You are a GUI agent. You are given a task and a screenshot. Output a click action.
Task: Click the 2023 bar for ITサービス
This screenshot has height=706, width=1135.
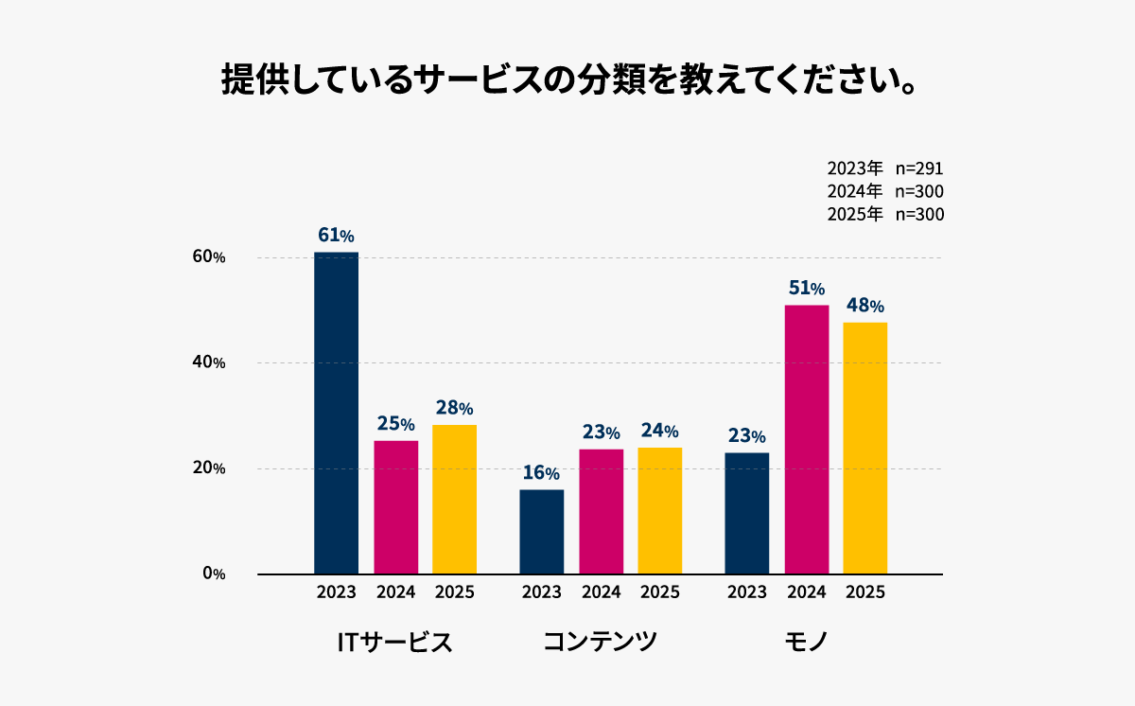click(x=336, y=413)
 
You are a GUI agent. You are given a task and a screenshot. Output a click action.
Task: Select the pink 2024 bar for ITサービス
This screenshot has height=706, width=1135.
click(x=395, y=507)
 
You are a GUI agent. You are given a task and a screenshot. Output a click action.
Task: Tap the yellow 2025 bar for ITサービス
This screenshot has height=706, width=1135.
click(x=454, y=499)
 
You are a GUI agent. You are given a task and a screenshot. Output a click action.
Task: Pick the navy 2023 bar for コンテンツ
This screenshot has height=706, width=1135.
click(x=541, y=531)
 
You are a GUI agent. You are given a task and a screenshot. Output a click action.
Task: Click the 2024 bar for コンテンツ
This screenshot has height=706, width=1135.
click(x=601, y=511)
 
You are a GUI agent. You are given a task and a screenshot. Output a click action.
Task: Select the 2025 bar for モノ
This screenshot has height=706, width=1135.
click(x=864, y=448)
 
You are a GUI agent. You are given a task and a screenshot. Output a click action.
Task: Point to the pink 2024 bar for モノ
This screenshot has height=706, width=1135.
click(x=806, y=439)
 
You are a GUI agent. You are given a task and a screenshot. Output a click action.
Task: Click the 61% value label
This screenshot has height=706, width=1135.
click(x=336, y=236)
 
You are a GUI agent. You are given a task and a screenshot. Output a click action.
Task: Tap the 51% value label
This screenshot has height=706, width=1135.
click(x=806, y=288)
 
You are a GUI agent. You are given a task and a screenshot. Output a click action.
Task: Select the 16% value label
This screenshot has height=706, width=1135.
click(x=541, y=472)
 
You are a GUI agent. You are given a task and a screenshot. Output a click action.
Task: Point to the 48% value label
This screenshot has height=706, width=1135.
click(x=864, y=306)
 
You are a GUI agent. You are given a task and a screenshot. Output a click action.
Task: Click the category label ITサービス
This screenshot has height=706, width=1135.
click(x=394, y=642)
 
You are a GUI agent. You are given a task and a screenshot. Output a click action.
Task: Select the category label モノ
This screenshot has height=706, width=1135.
click(x=806, y=642)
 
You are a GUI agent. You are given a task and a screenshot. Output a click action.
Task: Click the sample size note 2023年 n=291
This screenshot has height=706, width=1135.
click(x=884, y=168)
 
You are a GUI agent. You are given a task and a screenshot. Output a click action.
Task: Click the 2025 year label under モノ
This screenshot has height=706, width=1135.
click(x=864, y=592)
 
